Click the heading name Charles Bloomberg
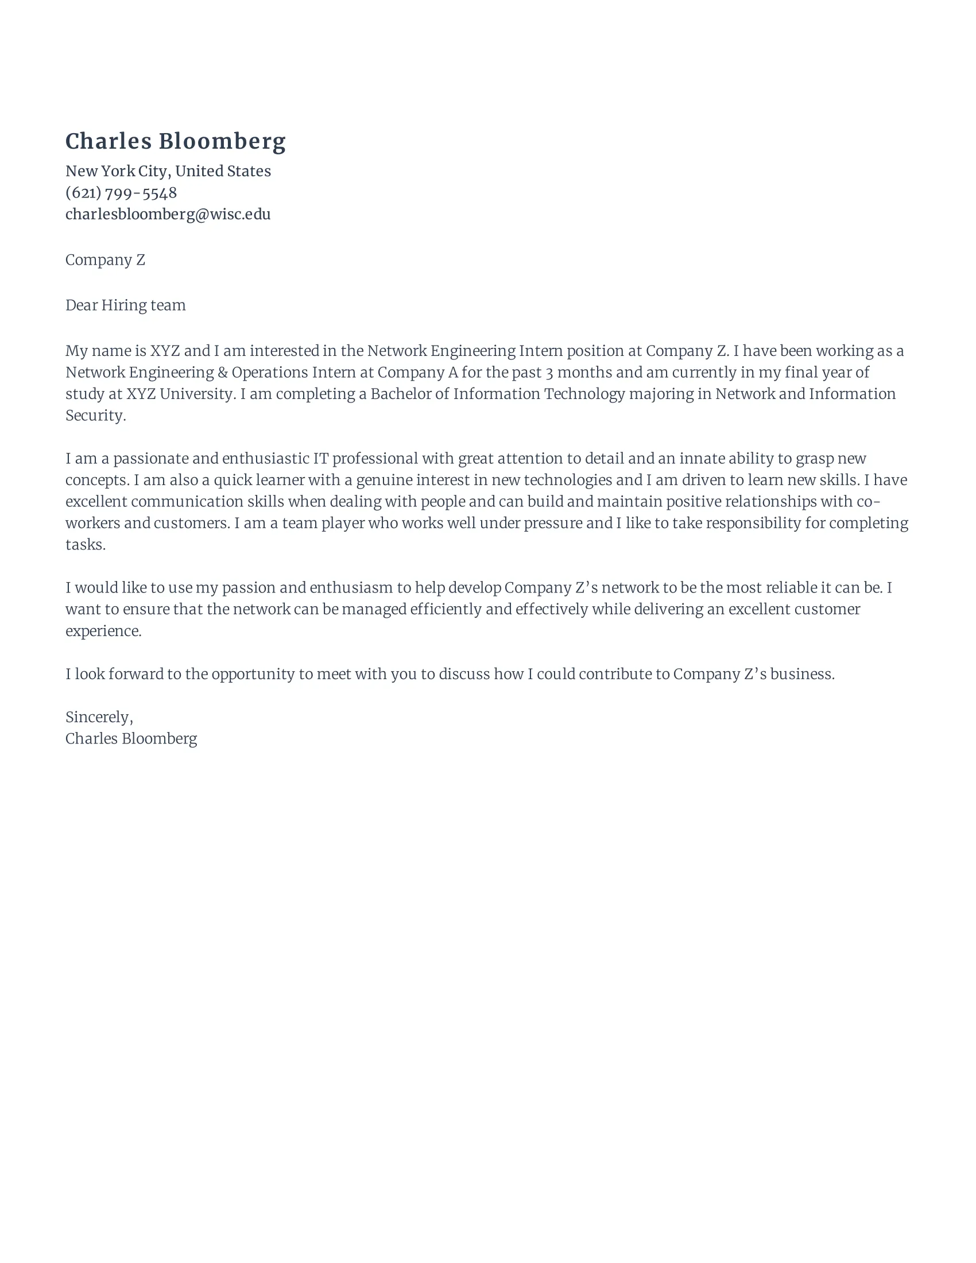[175, 142]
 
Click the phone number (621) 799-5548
[121, 192]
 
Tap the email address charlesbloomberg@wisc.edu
[168, 214]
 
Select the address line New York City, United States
[168, 171]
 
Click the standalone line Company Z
[105, 259]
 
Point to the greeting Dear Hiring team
[126, 305]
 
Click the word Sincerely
[98, 717]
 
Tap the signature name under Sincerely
[131, 738]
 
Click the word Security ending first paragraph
[94, 415]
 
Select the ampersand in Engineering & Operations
[223, 373]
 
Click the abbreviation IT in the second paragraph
[321, 459]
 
